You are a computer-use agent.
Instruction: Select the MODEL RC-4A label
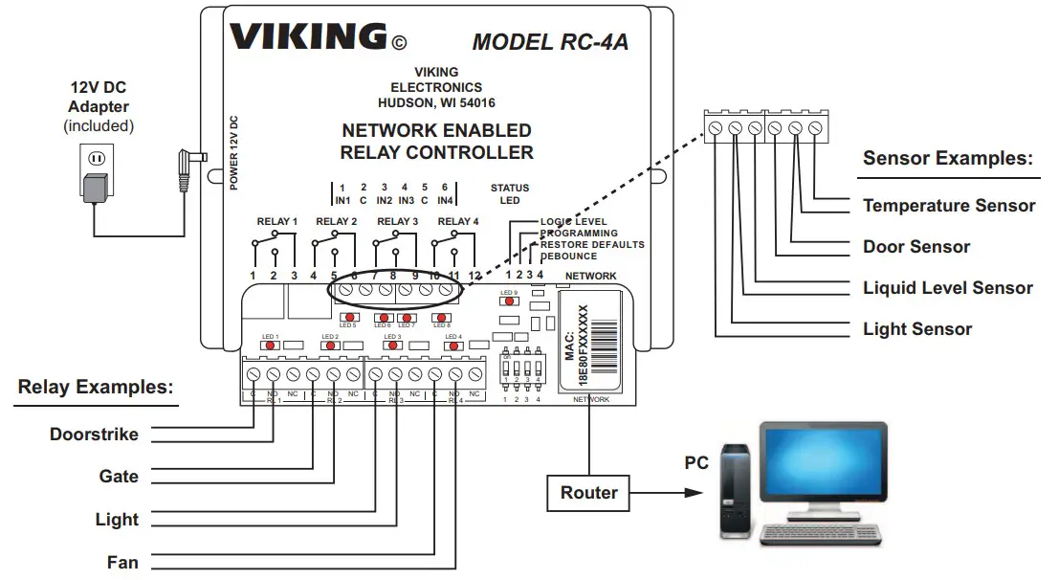tap(550, 42)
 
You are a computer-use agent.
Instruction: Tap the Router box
tap(588, 493)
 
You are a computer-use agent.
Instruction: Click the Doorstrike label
tap(94, 435)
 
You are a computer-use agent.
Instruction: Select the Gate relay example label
tap(119, 477)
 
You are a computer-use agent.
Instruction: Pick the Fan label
tap(122, 563)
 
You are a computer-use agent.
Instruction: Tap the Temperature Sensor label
tap(949, 206)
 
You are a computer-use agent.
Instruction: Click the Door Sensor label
tap(916, 247)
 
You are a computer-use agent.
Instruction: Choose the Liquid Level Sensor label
tap(948, 288)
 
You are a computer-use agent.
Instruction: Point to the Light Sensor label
tap(917, 329)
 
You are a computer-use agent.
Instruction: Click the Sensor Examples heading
tap(948, 159)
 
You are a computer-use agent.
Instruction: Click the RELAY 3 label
tap(397, 222)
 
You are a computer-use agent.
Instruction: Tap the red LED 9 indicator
tap(509, 301)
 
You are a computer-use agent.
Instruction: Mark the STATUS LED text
tap(510, 194)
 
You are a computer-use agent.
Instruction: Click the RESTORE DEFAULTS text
tap(592, 245)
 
